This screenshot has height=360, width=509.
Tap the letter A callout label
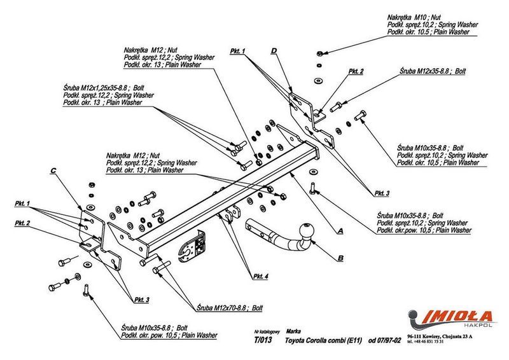(x=341, y=232)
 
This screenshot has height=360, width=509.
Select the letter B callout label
(x=340, y=258)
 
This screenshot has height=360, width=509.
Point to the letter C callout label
(x=53, y=170)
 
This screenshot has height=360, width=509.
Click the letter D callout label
(x=274, y=50)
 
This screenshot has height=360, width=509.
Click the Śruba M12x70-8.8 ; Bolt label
(x=230, y=307)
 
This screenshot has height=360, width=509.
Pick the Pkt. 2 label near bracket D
(x=356, y=72)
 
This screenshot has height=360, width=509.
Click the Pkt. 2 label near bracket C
(x=22, y=223)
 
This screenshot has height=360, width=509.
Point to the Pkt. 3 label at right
(x=382, y=193)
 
